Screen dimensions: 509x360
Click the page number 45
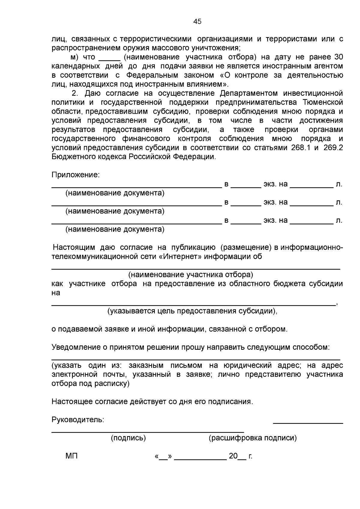(197, 22)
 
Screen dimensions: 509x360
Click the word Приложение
(75, 175)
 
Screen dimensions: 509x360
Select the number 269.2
(333, 148)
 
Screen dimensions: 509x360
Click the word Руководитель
(78, 420)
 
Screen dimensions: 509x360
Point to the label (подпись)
(128, 438)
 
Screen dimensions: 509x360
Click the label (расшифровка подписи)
(253, 438)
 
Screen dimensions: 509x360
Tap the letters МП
(71, 456)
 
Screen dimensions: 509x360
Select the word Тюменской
(323, 102)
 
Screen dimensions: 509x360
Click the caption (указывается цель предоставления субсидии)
(192, 311)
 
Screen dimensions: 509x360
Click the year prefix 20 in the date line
(233, 456)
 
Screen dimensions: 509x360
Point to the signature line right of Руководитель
(308, 423)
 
